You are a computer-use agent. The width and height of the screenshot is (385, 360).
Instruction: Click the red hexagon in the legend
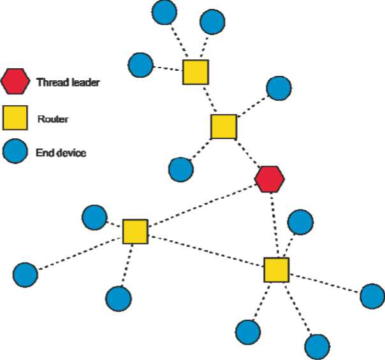(15, 82)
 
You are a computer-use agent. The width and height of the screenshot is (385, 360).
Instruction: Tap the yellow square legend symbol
(15, 117)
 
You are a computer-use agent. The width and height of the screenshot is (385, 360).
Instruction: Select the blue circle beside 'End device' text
(15, 152)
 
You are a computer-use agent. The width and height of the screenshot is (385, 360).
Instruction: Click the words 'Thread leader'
(68, 82)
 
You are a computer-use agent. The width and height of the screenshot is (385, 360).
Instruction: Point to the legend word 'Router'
(49, 119)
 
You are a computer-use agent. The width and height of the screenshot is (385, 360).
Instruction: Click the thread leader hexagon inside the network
(270, 178)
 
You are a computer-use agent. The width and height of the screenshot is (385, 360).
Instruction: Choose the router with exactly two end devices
(224, 127)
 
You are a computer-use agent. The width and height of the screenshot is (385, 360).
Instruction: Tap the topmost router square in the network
(196, 73)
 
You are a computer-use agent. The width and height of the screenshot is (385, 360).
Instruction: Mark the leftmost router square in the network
(135, 232)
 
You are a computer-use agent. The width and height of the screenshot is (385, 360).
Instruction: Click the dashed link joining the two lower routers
(206, 251)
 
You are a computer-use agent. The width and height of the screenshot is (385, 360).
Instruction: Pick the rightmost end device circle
(372, 296)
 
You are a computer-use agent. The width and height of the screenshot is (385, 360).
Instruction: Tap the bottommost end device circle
(317, 347)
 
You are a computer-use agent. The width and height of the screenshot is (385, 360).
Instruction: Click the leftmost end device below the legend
(25, 275)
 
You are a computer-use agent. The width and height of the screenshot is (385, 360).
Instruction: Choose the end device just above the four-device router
(300, 222)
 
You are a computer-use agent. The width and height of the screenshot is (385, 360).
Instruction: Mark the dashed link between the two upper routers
(210, 99)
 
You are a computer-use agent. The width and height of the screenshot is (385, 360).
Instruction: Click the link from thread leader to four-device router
(273, 224)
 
